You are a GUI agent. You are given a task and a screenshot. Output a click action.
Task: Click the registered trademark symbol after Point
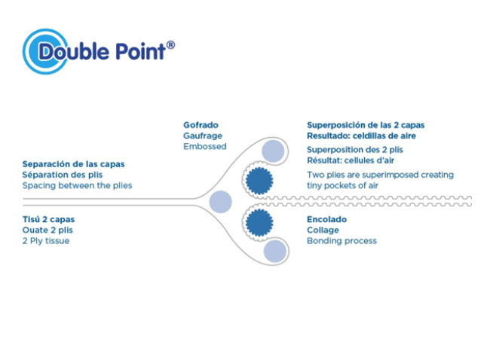tap(170, 45)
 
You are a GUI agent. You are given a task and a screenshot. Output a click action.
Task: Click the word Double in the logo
tap(74, 51)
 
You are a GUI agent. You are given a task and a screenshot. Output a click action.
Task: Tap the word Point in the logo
tap(140, 51)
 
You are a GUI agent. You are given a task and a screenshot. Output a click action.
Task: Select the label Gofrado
tap(201, 125)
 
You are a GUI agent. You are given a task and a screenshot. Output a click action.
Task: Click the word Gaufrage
tap(203, 136)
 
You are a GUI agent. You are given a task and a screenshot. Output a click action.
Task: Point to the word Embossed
tap(205, 146)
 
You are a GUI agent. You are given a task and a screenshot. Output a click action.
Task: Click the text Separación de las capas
tap(73, 164)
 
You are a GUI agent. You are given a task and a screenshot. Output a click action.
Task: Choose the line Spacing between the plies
tap(77, 185)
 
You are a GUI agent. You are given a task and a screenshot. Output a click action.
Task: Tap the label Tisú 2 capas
tap(48, 219)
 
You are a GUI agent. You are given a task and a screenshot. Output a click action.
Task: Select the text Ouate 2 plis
tap(47, 230)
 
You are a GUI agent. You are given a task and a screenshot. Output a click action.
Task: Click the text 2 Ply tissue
tap(46, 241)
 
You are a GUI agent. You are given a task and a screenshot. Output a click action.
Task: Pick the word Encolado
tap(326, 219)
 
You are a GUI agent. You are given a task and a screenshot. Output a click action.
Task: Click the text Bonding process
tap(342, 241)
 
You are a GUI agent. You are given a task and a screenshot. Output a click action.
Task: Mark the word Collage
tap(323, 230)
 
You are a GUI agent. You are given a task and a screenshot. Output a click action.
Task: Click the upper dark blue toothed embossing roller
tap(259, 181)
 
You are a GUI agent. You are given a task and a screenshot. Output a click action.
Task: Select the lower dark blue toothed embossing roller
tap(259, 222)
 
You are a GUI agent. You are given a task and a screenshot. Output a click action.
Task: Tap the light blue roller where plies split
tap(221, 202)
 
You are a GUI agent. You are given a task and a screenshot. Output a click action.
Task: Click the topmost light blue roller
tap(273, 151)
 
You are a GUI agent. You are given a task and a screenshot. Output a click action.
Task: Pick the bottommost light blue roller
tap(275, 251)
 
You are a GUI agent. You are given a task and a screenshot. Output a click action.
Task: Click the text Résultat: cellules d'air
tap(351, 160)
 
